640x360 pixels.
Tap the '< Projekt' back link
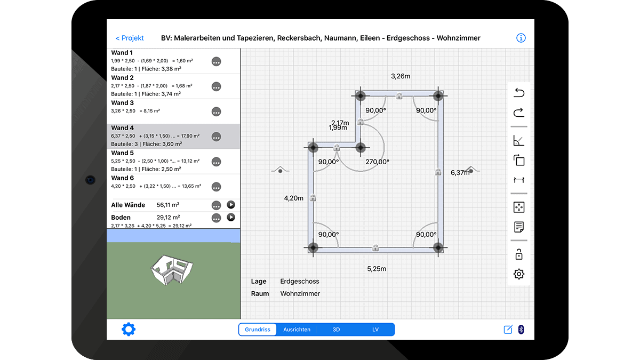(130, 38)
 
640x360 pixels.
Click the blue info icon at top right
(521, 38)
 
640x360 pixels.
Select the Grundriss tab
(258, 330)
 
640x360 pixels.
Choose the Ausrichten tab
(297, 330)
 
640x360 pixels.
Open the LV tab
(375, 330)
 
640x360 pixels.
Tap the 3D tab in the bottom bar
(336, 330)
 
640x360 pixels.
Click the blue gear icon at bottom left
(129, 329)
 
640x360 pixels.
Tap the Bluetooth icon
(521, 330)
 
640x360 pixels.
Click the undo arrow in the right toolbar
(519, 93)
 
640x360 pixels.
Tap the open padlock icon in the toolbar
(519, 254)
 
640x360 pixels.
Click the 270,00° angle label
(378, 162)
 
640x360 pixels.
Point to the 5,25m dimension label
(377, 269)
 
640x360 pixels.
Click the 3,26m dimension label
(401, 76)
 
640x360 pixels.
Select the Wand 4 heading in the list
(122, 127)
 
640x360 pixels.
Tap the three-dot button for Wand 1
(217, 61)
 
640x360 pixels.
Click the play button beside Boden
(231, 218)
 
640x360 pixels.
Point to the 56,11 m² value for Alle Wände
(167, 205)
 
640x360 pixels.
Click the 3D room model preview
(172, 270)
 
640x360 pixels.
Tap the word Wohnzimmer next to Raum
(300, 293)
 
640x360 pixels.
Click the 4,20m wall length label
(293, 198)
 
